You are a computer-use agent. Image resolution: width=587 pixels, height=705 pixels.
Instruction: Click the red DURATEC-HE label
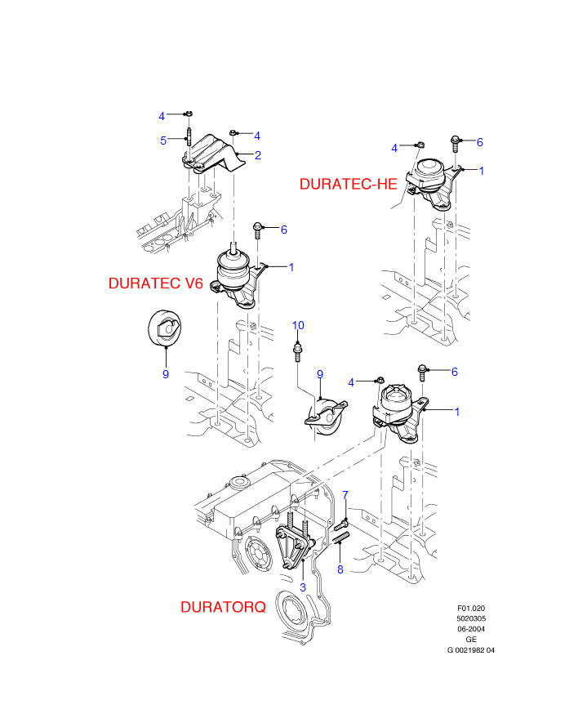[349, 185]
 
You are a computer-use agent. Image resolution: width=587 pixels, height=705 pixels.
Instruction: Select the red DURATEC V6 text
[156, 283]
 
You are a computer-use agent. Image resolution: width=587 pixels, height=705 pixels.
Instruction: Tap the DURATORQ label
[224, 607]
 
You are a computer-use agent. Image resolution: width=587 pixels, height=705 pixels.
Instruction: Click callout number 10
[298, 325]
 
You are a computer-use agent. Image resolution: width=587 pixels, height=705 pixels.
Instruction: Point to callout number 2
[257, 155]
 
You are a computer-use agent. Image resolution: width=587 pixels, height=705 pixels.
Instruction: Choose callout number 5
[163, 141]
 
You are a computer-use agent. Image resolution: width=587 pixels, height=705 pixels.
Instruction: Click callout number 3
[303, 587]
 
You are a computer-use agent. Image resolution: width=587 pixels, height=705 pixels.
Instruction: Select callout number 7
[345, 494]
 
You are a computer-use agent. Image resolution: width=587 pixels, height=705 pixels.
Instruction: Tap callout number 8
[340, 569]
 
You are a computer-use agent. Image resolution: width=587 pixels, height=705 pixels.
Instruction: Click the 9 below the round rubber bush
[166, 374]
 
